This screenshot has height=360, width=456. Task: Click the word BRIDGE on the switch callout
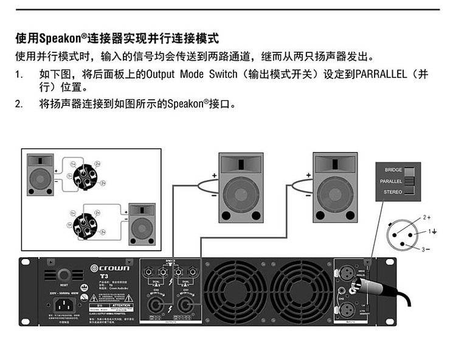click(x=393, y=171)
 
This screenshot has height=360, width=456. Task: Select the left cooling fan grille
click(x=236, y=294)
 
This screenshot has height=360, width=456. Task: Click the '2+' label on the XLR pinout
click(x=426, y=217)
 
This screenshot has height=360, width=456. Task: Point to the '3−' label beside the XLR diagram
click(x=426, y=249)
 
